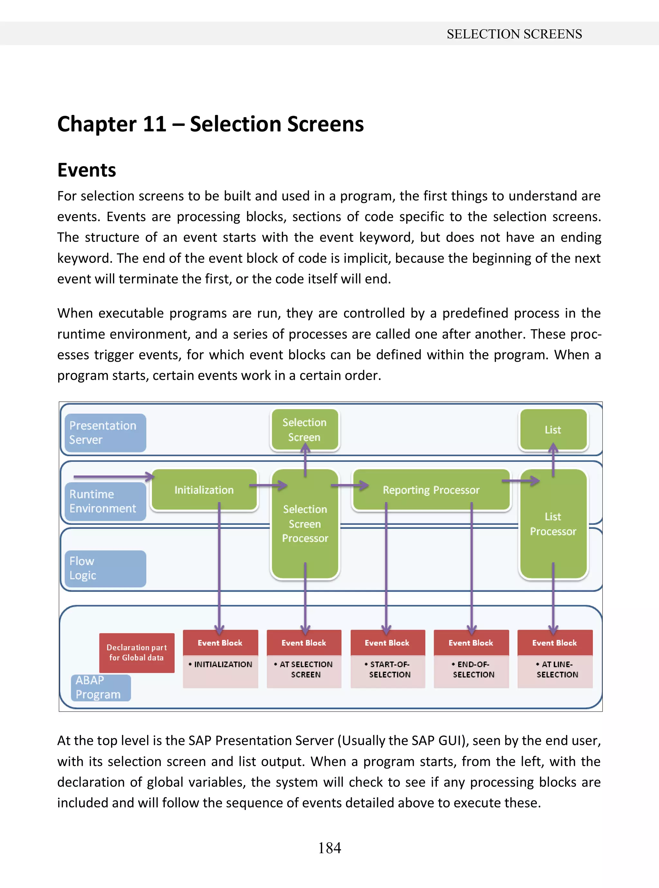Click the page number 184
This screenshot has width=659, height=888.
click(329, 847)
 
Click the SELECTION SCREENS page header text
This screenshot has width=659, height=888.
click(514, 34)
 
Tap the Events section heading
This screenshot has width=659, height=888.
click(87, 170)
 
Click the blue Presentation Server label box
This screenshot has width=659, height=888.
click(105, 433)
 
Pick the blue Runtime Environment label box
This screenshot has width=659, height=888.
click(105, 501)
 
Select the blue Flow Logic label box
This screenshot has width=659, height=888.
click(105, 568)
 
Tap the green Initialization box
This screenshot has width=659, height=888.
click(204, 490)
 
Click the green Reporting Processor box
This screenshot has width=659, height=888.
click(431, 490)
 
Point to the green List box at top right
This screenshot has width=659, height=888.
click(552, 430)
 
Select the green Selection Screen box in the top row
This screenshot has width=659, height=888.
click(304, 430)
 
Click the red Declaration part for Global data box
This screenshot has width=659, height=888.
click(136, 653)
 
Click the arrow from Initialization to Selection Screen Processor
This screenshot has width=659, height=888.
click(268, 485)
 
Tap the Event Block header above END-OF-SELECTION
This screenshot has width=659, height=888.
click(471, 643)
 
